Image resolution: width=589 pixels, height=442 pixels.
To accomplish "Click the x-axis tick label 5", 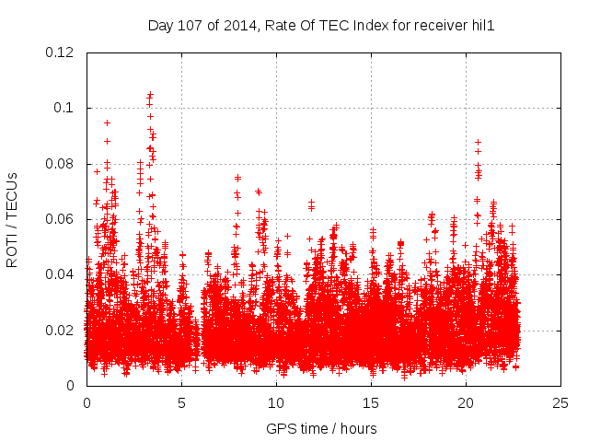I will [181, 403].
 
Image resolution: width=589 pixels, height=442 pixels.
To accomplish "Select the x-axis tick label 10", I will [276, 403].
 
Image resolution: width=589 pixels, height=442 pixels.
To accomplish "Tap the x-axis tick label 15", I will [371, 403].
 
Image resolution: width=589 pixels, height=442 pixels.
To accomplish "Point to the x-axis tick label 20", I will [466, 403].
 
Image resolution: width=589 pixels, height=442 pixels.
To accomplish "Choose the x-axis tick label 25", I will [560, 403].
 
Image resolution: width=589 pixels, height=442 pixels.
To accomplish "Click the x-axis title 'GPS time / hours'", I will [321, 428].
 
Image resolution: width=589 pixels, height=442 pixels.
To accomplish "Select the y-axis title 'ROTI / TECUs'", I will [12, 219].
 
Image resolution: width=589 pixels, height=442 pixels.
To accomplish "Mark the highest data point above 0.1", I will [150, 95].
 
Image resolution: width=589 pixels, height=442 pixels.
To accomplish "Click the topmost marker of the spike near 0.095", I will [107, 122].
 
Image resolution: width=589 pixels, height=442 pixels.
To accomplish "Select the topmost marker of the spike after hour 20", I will [478, 143].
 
